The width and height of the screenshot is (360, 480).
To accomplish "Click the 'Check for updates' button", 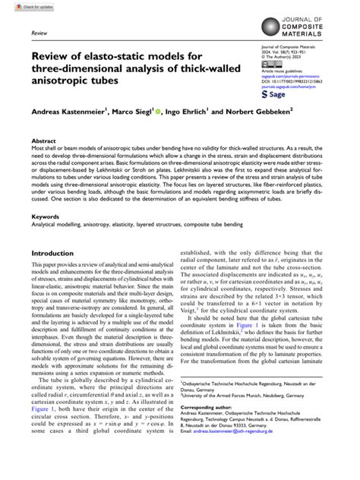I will click(x=21, y=5).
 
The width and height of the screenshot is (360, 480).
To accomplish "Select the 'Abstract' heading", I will click(x=43, y=141).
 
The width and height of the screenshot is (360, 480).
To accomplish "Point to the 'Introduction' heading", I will click(x=56, y=253).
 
